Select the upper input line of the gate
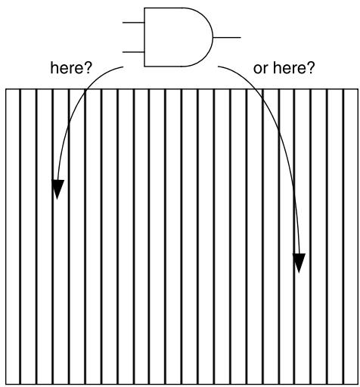pos(133,23)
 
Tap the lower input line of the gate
pos(133,52)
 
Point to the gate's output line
pos(227,38)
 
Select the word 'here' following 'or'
pos(290,68)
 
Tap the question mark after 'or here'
pos(311,68)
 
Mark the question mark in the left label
pos(88,68)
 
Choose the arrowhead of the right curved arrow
pos(299,263)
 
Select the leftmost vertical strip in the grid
pos(13,237)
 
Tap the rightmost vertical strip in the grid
pos(351,237)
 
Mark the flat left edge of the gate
pos(144,37)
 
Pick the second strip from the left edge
pos(29,237)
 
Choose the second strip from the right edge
pos(336,237)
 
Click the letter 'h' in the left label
pos(54,68)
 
